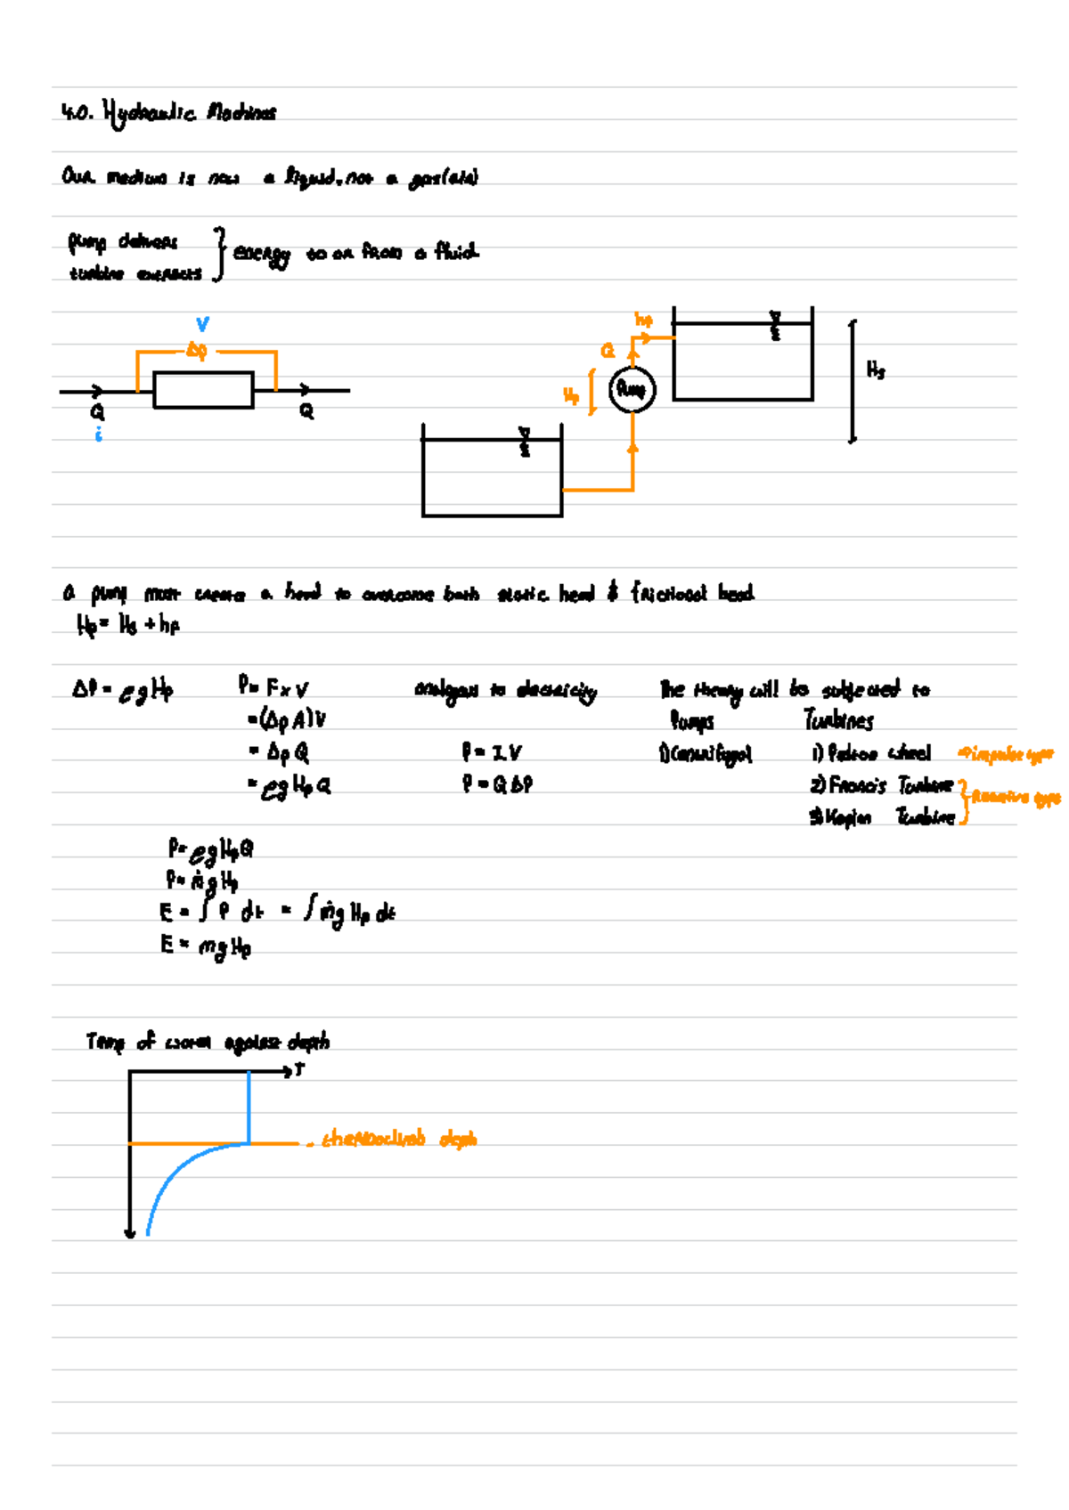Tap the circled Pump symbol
point(632,389)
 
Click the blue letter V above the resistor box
point(202,325)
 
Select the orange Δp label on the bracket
point(197,351)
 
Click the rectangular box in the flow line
point(203,390)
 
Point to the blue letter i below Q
point(98,434)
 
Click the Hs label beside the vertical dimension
point(876,369)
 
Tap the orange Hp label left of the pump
point(571,394)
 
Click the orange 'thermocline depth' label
point(399,1139)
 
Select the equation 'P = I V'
point(491,753)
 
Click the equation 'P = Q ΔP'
point(497,784)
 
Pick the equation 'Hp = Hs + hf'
point(128,625)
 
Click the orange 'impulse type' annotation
point(1006,755)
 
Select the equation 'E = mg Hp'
point(206,946)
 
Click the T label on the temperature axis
point(299,1069)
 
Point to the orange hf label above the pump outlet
point(643,319)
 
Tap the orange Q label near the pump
point(608,351)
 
